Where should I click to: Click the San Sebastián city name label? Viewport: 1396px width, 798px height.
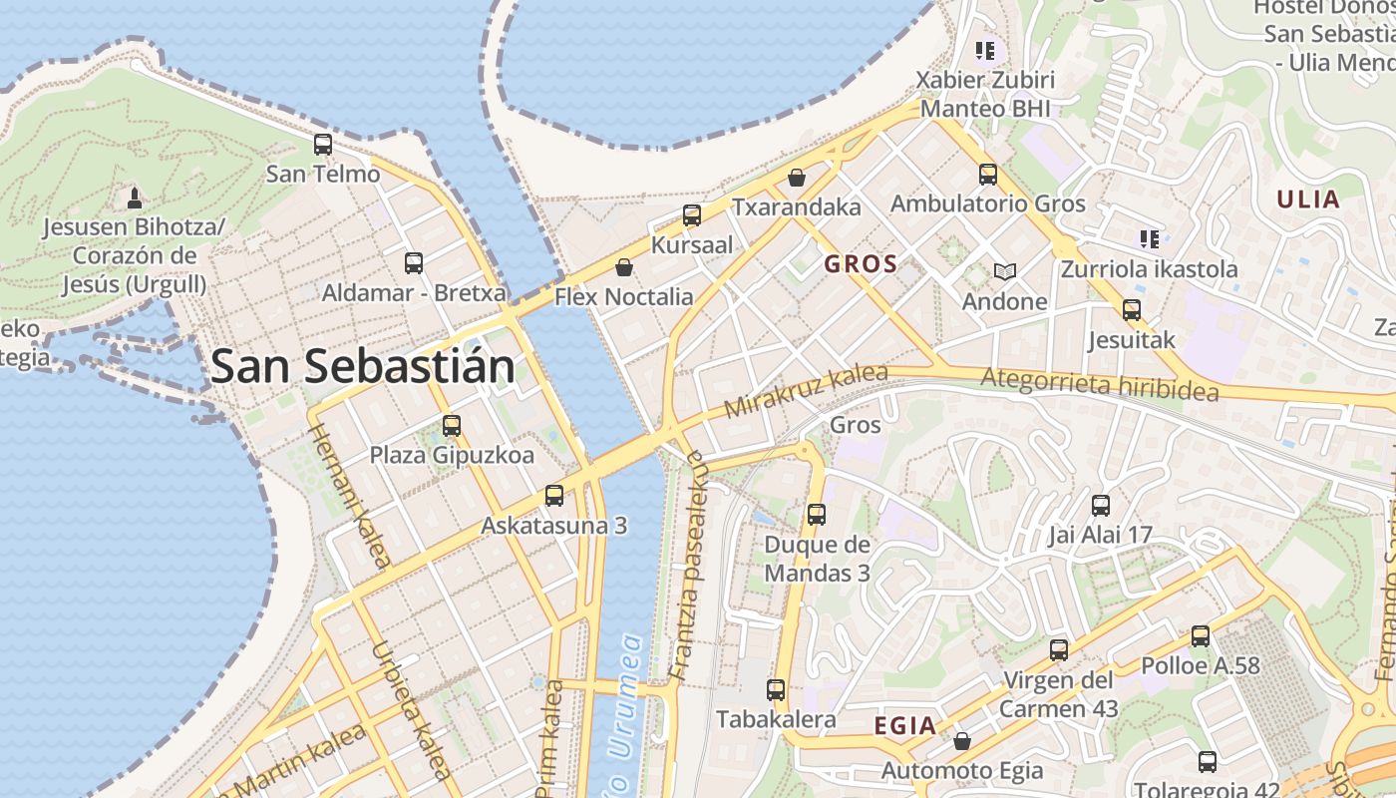tap(363, 366)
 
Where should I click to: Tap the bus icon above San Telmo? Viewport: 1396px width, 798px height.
tap(323, 144)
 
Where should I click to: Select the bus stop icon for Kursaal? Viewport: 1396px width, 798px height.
tap(692, 215)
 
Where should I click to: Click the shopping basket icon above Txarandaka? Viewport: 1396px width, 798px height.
tap(797, 179)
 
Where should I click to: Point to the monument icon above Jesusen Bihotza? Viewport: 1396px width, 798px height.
tap(135, 198)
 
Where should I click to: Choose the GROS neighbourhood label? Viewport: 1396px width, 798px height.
tap(862, 264)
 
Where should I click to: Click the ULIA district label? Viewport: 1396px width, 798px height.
tap(1308, 199)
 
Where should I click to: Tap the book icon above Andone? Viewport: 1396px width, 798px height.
tap(1004, 271)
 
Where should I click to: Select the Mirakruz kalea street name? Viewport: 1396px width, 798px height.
tap(806, 390)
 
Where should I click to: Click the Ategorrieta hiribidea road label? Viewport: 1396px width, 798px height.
tap(1099, 384)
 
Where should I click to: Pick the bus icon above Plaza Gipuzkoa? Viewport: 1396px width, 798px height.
tap(452, 426)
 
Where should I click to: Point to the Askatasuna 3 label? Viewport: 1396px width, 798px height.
tap(554, 525)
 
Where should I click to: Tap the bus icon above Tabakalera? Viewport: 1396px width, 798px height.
tap(776, 689)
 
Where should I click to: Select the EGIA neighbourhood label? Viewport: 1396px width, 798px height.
tap(905, 725)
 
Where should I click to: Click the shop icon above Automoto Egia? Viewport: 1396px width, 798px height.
tap(962, 741)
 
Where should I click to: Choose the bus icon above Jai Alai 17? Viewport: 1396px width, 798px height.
tap(1101, 506)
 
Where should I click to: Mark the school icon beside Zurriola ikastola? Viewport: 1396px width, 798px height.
tap(1149, 238)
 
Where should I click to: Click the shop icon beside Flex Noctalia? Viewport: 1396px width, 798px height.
tap(624, 267)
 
